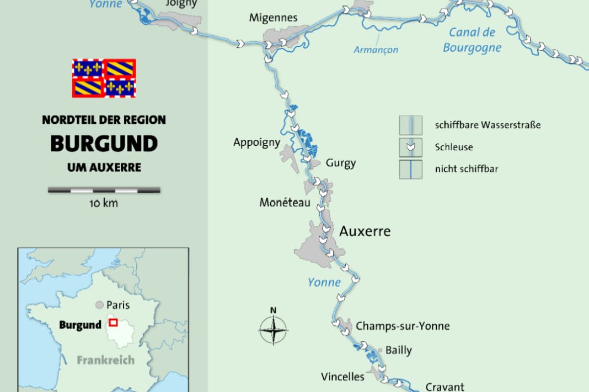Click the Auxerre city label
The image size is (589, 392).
365,231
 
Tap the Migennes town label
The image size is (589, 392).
273,18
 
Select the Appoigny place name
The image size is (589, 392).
256,143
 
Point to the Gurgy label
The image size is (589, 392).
340,163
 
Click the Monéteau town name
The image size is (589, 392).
285,203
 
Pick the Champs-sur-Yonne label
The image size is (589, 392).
403,326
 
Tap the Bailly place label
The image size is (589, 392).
398,350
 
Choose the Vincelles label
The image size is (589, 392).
342,377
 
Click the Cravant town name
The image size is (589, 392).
445,387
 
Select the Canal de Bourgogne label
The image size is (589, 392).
472,40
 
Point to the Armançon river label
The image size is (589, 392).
376,50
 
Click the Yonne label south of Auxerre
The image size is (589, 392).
324,282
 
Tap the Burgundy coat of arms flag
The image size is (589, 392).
104,78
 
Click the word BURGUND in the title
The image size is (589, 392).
104,144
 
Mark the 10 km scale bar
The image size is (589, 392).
104,190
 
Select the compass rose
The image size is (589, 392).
273,331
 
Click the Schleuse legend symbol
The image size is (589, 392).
410,147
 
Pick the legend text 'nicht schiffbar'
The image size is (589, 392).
466,169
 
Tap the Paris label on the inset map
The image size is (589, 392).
118,304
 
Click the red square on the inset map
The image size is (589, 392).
113,323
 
